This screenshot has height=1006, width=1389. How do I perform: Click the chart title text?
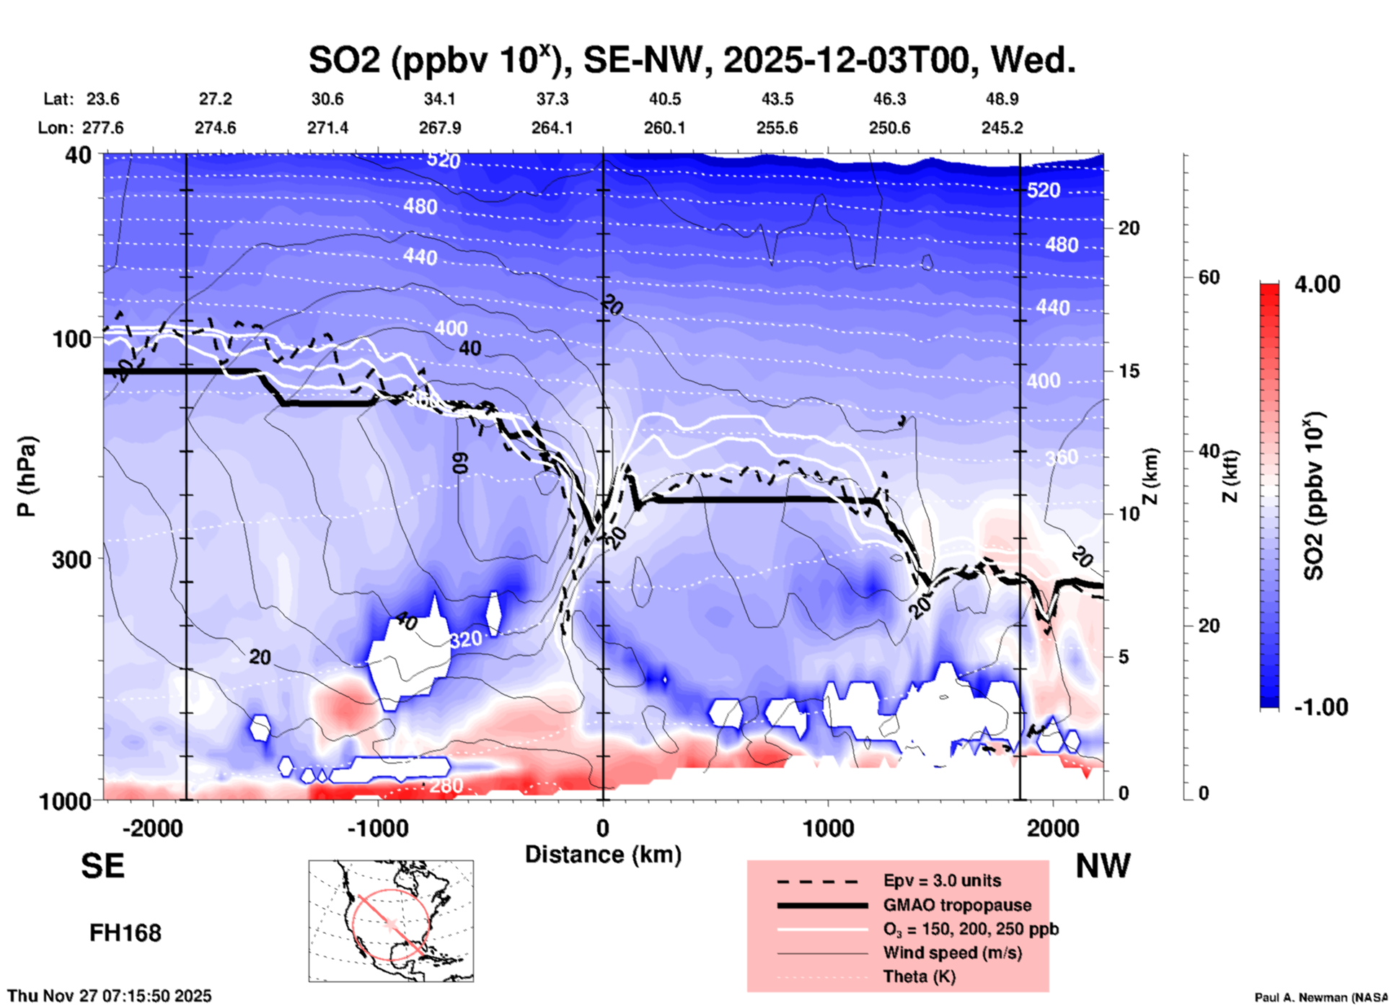[691, 59]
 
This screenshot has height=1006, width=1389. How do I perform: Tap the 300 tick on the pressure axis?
[71, 559]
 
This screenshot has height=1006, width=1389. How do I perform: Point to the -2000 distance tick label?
[152, 828]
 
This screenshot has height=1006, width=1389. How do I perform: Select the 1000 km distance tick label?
[828, 828]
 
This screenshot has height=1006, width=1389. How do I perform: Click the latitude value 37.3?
[552, 99]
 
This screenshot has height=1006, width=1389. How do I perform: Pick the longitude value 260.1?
[664, 128]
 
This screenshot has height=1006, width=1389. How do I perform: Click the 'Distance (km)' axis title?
[603, 854]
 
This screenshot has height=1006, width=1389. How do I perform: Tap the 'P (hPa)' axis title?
[27, 476]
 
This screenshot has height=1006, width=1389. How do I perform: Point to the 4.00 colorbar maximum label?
[1317, 284]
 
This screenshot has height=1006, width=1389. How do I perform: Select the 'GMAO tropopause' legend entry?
[956, 905]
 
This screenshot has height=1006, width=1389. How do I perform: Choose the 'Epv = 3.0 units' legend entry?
[941, 880]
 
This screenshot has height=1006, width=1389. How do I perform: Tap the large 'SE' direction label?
[102, 866]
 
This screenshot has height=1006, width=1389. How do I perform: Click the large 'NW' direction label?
[1103, 866]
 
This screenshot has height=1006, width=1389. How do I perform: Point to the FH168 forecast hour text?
[125, 933]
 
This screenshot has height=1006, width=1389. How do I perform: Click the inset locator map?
[391, 921]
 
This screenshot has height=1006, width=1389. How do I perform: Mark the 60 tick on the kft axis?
[1209, 278]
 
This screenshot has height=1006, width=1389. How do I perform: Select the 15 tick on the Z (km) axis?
[1129, 371]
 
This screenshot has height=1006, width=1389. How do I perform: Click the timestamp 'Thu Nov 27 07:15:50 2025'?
[110, 996]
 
